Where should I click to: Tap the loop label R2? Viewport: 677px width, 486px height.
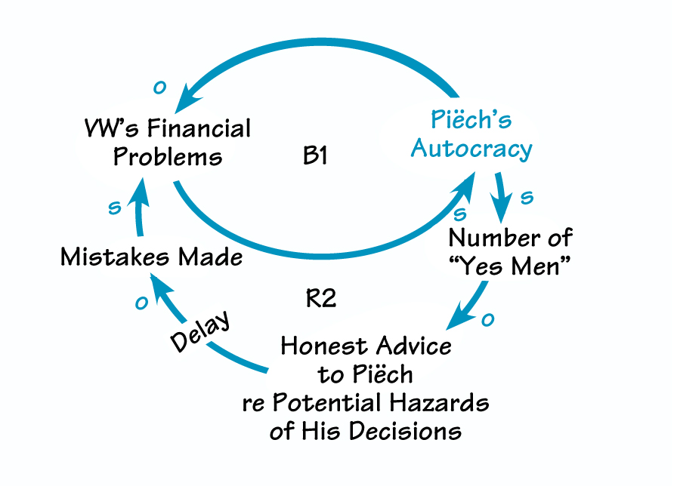click(320, 298)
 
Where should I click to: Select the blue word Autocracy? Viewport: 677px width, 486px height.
click(471, 148)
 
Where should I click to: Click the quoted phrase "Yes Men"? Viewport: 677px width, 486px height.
click(511, 267)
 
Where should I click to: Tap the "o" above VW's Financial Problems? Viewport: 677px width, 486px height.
click(159, 88)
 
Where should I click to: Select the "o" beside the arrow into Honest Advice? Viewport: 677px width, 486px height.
click(487, 319)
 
